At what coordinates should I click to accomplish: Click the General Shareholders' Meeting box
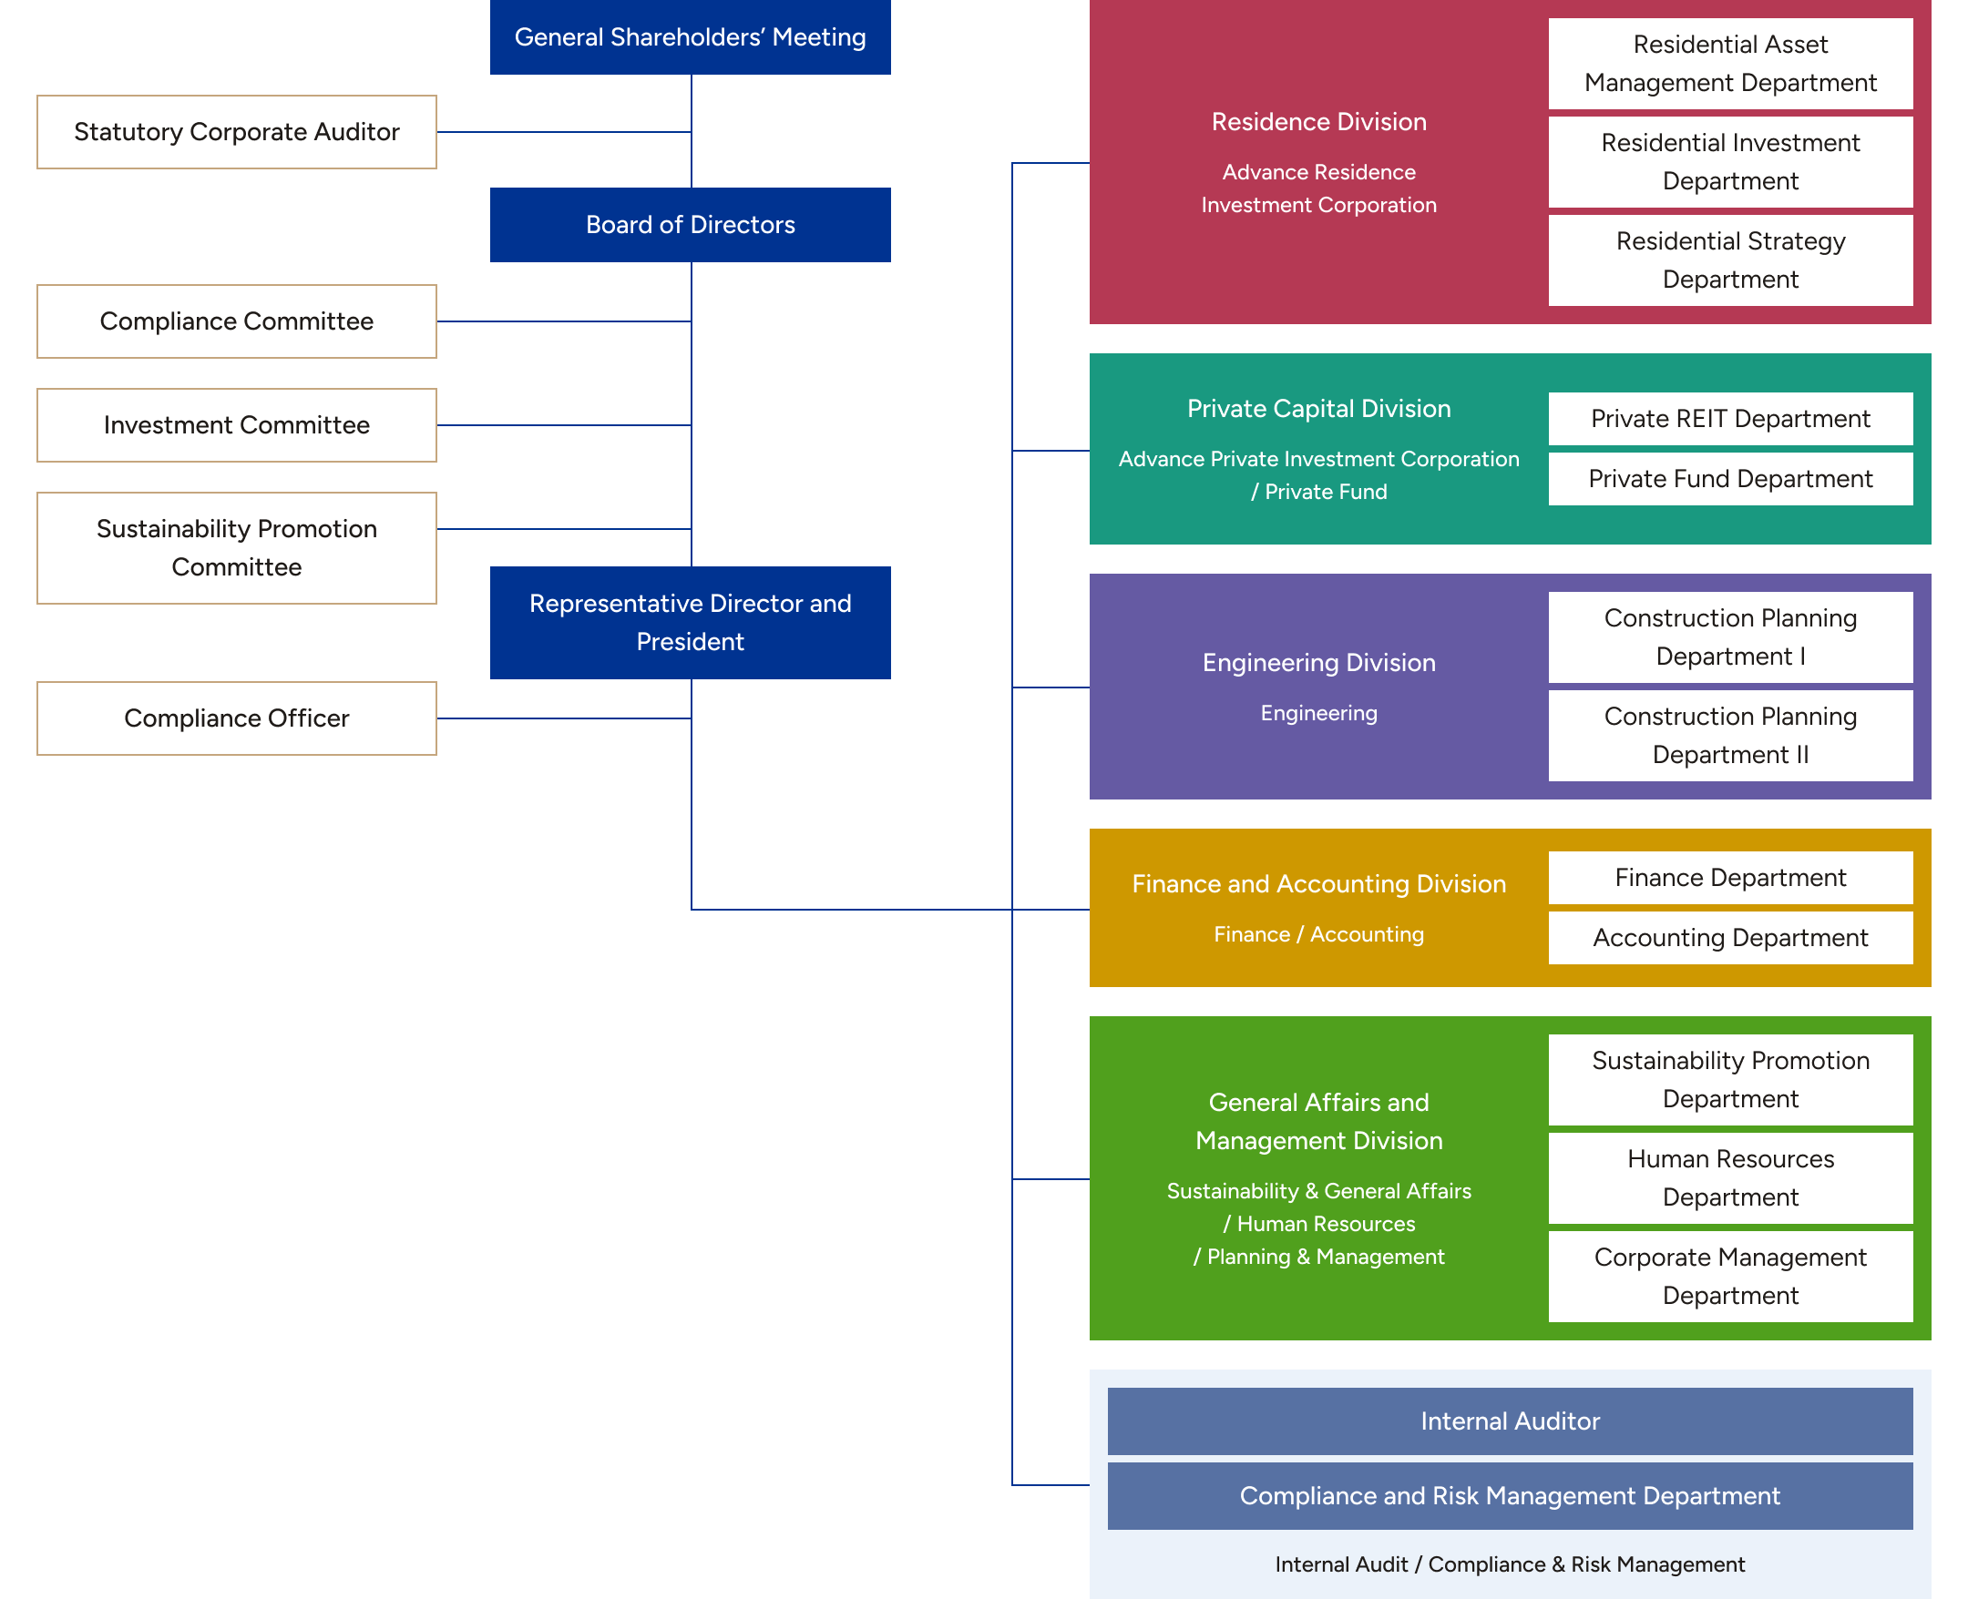tap(690, 36)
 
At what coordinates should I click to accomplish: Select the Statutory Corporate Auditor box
tap(237, 132)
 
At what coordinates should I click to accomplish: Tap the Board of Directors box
tap(690, 225)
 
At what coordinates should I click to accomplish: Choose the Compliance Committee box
tap(237, 321)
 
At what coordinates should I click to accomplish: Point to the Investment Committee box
tap(237, 424)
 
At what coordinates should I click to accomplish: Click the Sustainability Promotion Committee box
tap(237, 548)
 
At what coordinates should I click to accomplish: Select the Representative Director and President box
tap(690, 623)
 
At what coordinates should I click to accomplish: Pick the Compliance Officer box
tap(237, 718)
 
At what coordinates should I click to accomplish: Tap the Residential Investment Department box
tap(1730, 162)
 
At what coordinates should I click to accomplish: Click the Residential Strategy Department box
tap(1730, 260)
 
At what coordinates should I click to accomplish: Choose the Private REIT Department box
tap(1730, 419)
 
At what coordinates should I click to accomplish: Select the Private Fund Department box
tap(1730, 479)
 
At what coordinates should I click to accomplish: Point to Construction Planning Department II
tap(1730, 736)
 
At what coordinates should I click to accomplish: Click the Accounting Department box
tap(1730, 938)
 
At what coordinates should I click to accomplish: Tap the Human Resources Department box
tap(1730, 1178)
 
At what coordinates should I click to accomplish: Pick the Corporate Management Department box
tap(1730, 1277)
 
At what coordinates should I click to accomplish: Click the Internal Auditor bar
tap(1510, 1421)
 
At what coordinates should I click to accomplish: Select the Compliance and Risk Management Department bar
tap(1510, 1496)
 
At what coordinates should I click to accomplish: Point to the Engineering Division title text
tap(1318, 663)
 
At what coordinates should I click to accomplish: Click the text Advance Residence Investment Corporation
tap(1318, 188)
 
